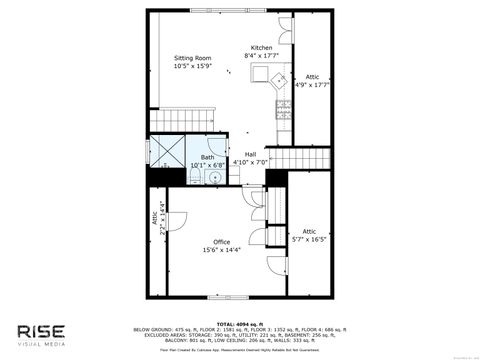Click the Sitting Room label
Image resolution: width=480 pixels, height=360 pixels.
pyautogui.click(x=192, y=62)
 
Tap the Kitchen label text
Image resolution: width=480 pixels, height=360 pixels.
pyautogui.click(x=261, y=51)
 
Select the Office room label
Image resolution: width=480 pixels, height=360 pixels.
pyautogui.click(x=221, y=247)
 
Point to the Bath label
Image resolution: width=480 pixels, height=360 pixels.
pyautogui.click(x=207, y=160)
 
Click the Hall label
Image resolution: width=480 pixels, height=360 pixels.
pyautogui.click(x=251, y=157)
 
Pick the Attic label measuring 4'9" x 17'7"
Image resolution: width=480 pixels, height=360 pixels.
pyautogui.click(x=312, y=80)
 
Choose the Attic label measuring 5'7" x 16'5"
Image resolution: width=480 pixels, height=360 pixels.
pyautogui.click(x=310, y=235)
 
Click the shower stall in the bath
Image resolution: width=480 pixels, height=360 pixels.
pyautogui.click(x=166, y=154)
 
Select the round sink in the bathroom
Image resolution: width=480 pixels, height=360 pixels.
pyautogui.click(x=212, y=177)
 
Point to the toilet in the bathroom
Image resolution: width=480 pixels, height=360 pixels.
pyautogui.click(x=195, y=178)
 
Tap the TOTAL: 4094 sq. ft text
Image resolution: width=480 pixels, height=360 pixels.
pyautogui.click(x=240, y=322)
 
